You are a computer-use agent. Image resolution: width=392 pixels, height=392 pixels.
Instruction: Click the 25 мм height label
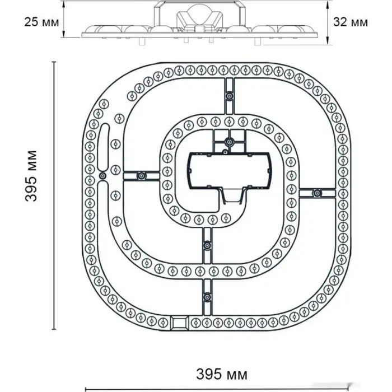pos(42,22)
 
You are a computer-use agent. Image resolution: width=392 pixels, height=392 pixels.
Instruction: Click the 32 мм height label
pos(350,22)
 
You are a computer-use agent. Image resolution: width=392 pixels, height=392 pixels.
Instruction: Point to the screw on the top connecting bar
pos(228,96)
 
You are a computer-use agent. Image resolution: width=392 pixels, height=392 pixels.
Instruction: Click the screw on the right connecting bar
pos(317,193)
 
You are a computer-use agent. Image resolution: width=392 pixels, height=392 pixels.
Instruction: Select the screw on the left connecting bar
pos(142,176)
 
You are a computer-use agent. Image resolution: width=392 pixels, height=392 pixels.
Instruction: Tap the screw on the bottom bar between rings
pos(207,244)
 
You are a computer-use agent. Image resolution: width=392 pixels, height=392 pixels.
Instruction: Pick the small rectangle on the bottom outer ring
pos(179,323)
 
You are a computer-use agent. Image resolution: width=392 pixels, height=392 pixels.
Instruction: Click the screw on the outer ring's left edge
pos(102,176)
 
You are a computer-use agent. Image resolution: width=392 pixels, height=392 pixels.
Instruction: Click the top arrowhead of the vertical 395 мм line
pos(54,64)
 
